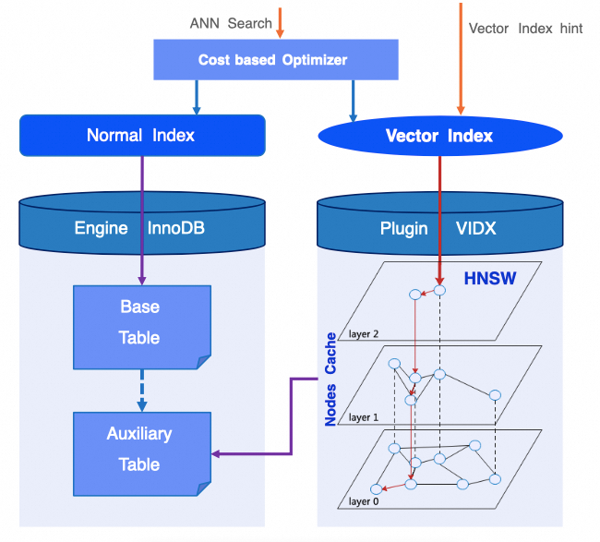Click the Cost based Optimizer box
click(274, 61)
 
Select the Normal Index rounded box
click(141, 135)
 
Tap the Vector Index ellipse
click(438, 136)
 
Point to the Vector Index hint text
click(525, 29)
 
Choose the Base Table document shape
click(138, 322)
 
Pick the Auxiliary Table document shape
click(138, 450)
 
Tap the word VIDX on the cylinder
click(475, 227)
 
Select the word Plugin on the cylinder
click(404, 227)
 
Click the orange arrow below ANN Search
click(281, 24)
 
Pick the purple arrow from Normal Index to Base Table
click(141, 217)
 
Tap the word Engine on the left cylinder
click(101, 227)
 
